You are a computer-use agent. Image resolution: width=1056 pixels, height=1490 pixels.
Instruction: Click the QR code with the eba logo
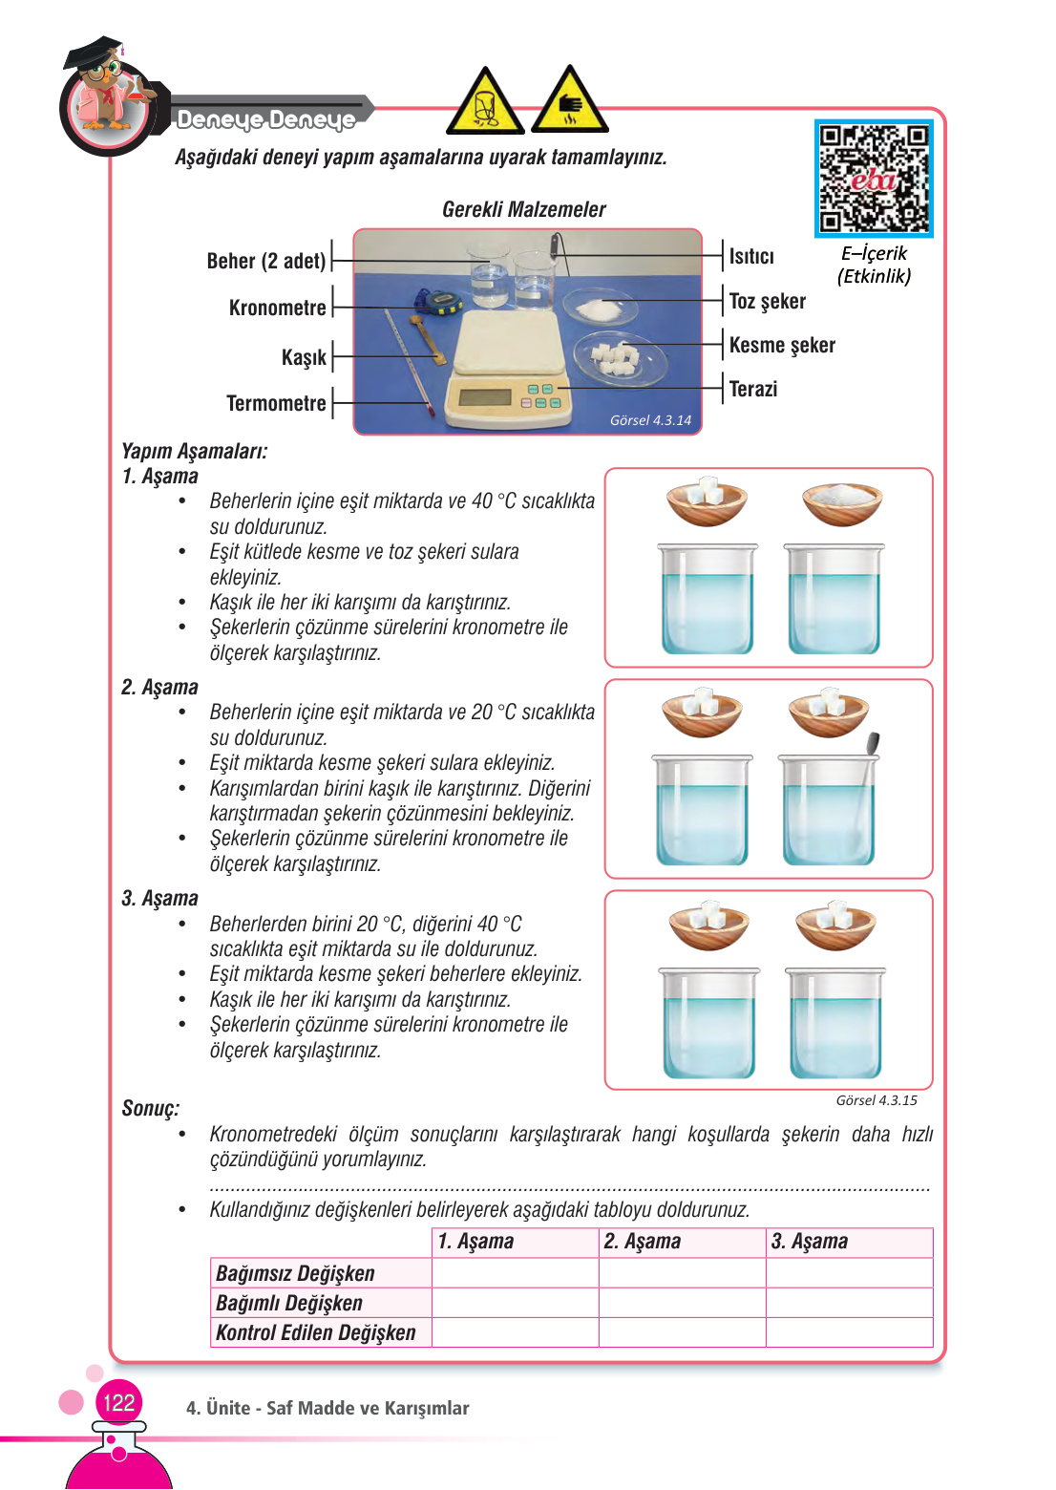(874, 179)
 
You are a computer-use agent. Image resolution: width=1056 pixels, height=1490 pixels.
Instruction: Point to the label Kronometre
(277, 308)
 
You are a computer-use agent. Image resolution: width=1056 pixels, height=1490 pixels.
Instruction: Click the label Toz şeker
(767, 302)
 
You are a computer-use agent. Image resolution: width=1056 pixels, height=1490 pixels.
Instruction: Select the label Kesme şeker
(781, 345)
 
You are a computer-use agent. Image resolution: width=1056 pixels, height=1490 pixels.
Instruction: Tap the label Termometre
(276, 403)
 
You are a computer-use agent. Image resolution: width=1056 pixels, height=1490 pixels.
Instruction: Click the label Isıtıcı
(751, 257)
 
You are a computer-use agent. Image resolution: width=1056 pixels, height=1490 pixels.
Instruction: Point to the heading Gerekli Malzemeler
(523, 209)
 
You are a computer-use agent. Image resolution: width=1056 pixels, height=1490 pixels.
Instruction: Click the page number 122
(118, 1402)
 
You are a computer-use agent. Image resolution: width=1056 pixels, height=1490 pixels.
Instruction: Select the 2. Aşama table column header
(642, 1242)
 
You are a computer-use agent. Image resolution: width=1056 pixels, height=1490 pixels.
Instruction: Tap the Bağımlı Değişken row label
(289, 1304)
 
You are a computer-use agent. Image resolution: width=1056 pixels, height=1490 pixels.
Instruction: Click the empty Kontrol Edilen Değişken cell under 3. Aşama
(849, 1332)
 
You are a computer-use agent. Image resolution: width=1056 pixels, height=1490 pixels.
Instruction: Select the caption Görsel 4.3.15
(876, 1100)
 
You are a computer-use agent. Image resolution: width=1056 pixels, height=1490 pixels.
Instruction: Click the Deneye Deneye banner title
(265, 119)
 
